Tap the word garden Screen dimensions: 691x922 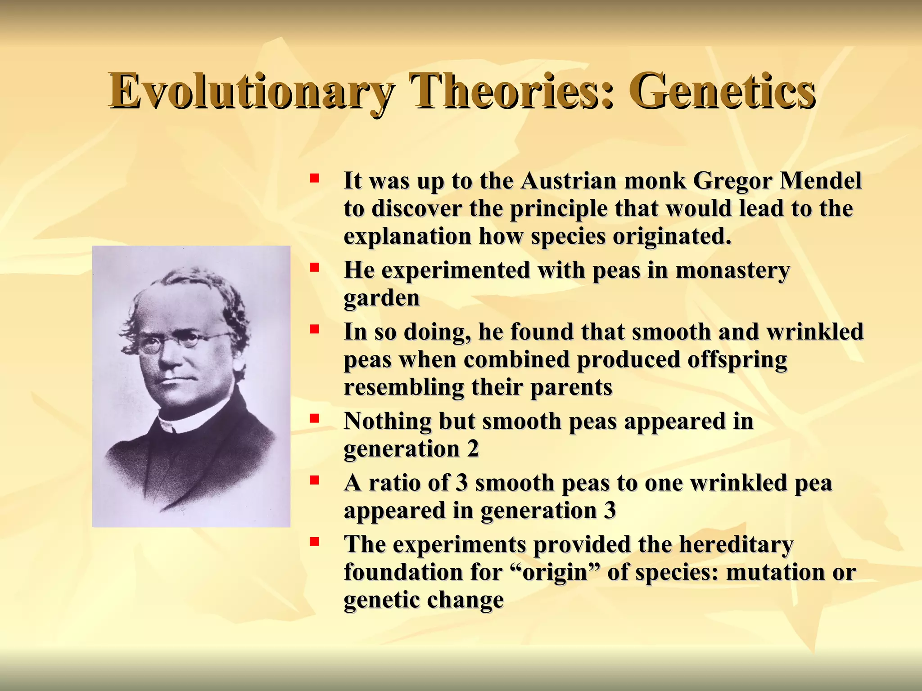pyautogui.click(x=381, y=298)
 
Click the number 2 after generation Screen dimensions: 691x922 pyautogui.click(x=473, y=449)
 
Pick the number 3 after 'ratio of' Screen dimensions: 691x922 pyautogui.click(x=462, y=483)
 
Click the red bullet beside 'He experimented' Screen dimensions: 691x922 pyautogui.click(x=314, y=268)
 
